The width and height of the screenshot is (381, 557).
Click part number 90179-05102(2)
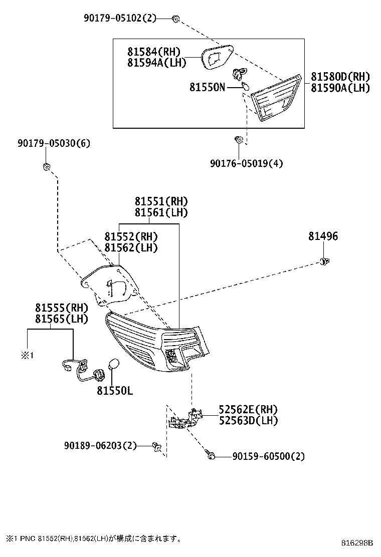(120, 19)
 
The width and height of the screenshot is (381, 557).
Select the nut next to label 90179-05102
(176, 19)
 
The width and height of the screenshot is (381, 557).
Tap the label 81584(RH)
(153, 52)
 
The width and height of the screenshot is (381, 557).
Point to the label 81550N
(207, 87)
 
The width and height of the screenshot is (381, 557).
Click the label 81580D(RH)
(340, 77)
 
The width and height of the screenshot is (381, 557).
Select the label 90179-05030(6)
(54, 144)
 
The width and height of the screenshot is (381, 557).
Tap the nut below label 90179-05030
(46, 166)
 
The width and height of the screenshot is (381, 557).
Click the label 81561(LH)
(161, 212)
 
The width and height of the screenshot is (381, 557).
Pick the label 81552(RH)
(131, 236)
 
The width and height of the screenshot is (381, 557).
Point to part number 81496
(323, 236)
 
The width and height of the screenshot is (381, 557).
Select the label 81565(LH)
(62, 319)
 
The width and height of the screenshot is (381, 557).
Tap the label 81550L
(115, 391)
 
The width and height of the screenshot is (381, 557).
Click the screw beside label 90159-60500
(212, 456)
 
